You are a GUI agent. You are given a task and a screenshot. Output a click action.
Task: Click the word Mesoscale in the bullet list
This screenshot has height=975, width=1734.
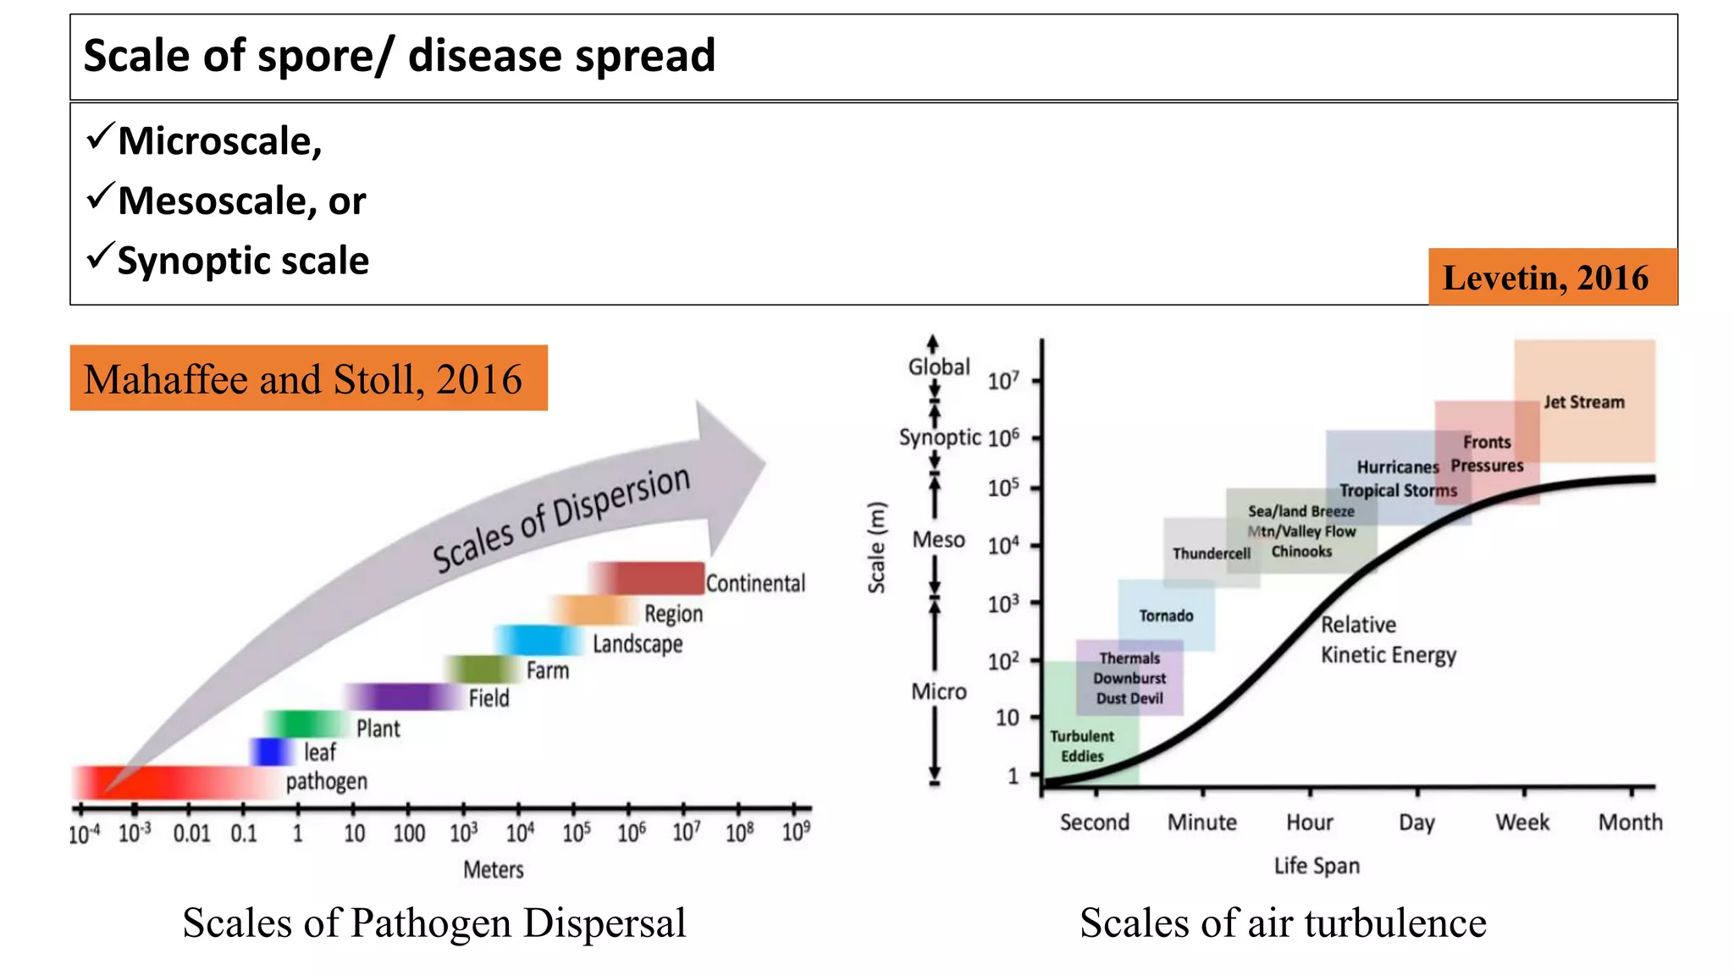coord(212,201)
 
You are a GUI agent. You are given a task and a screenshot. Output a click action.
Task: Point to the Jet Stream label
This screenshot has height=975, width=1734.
coord(1583,402)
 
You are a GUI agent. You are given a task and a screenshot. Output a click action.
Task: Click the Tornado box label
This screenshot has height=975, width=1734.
coord(1166,616)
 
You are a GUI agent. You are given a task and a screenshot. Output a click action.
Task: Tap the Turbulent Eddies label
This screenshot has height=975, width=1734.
coord(1082,746)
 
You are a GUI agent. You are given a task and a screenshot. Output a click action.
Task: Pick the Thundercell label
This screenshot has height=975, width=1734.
coord(1211,554)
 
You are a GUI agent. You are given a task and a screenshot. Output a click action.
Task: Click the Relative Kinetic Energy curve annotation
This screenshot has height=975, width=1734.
coord(1388,640)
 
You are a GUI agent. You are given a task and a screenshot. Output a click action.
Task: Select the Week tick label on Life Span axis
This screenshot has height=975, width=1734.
coord(1522,823)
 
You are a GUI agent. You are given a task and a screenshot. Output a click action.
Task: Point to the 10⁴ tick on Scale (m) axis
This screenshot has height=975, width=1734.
coord(1003,546)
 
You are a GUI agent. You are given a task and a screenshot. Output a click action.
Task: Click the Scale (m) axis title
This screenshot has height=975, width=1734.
coord(876,548)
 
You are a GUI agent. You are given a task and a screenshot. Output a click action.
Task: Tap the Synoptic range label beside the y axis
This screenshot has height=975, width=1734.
coord(939,438)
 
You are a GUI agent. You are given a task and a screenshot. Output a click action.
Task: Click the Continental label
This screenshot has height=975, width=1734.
coord(755,583)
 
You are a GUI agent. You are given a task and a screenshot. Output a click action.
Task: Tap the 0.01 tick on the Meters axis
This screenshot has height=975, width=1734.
coord(191,834)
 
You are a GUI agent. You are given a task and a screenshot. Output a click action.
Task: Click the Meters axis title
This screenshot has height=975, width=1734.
coord(493,869)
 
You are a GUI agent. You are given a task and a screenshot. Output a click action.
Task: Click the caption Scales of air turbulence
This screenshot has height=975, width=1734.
coord(1283,923)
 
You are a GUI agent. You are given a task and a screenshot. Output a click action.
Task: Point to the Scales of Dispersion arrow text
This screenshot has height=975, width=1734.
coord(561,519)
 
